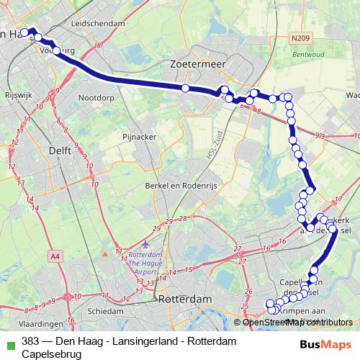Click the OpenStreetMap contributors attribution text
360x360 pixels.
(x=297, y=322)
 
